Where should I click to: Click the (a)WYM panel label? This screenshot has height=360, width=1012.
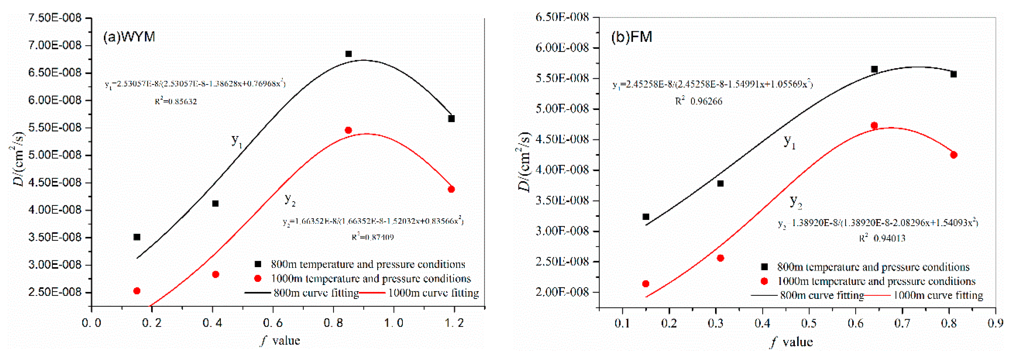pos(129,37)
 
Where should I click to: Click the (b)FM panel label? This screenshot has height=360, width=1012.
pos(631,37)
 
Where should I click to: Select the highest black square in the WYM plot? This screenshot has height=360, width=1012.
pos(348,54)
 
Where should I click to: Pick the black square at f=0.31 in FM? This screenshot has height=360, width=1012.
pos(720,184)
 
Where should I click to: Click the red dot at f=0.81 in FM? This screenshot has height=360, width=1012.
pos(954,155)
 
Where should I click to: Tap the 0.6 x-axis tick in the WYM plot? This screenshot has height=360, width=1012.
pos(273,323)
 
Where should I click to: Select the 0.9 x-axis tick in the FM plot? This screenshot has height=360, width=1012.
pos(995,323)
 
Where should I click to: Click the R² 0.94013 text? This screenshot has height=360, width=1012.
pos(882,238)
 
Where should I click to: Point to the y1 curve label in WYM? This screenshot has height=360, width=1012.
pos(236,140)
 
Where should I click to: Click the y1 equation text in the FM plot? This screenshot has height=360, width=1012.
pos(712,84)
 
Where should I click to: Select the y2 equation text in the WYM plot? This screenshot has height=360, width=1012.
pos(373,221)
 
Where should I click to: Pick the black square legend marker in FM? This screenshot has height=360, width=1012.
pos(764,267)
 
